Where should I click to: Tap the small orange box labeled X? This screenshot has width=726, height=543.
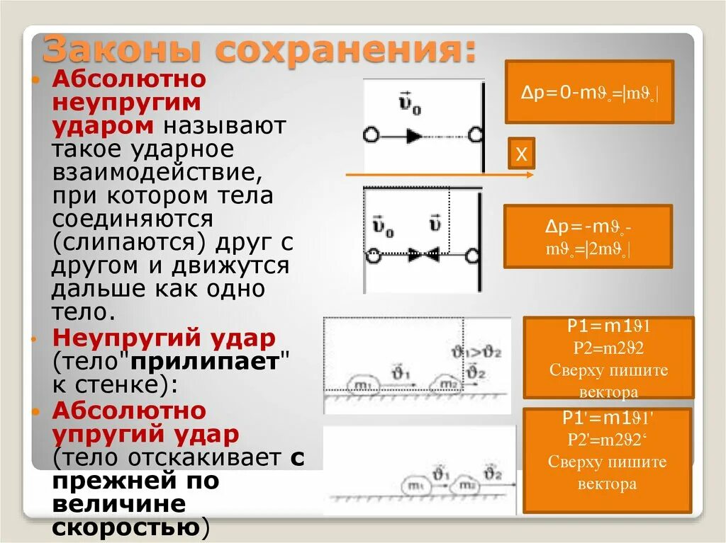tap(521, 154)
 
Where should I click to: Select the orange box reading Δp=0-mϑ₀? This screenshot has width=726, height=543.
tap(588, 92)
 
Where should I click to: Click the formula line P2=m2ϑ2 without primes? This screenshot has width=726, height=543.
tap(608, 348)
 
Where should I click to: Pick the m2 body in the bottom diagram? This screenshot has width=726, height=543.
tap(465, 486)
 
